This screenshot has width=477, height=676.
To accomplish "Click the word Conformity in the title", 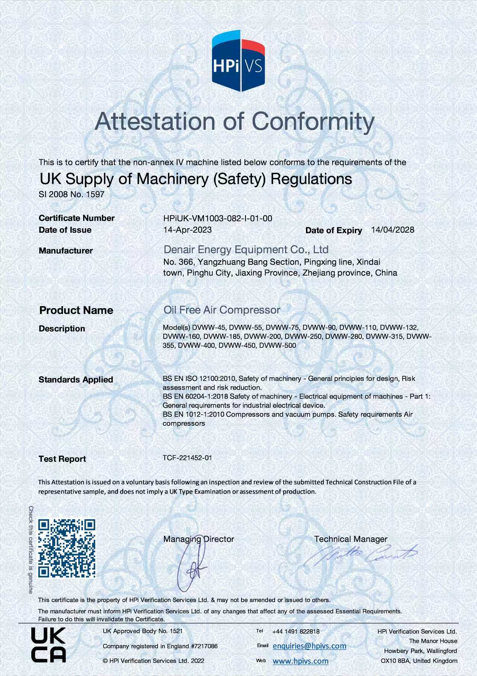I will (x=313, y=121).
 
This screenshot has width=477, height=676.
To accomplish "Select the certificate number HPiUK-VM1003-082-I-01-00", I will (x=218, y=218).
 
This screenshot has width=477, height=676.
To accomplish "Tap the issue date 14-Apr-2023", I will (x=187, y=230).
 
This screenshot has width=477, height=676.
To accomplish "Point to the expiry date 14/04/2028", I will (x=392, y=230).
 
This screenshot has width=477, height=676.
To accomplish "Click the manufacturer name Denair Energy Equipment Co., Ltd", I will (x=246, y=249).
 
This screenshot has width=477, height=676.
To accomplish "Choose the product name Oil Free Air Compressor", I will (x=222, y=310).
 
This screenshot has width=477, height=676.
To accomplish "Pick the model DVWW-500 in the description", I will (x=278, y=346).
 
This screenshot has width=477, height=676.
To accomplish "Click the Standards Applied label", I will (x=76, y=380).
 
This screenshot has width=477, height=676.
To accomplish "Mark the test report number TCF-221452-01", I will (x=187, y=458).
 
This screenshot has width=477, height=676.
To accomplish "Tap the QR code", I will (x=67, y=548).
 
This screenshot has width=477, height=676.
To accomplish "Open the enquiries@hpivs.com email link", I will (x=309, y=646).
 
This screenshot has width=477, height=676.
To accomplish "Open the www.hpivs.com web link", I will (x=300, y=661).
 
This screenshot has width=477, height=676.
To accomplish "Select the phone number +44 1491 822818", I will (x=296, y=631).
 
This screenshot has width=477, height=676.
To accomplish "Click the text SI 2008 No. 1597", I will (x=72, y=194).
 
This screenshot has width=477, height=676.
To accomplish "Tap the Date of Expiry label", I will (x=334, y=230).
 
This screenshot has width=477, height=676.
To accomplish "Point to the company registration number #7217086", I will (x=204, y=646).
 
